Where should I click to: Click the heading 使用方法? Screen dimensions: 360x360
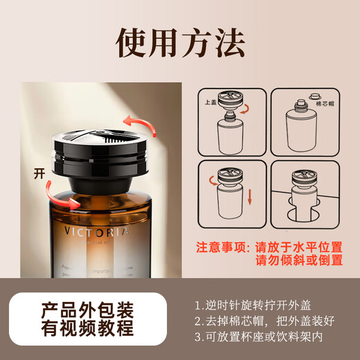point(180,43)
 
